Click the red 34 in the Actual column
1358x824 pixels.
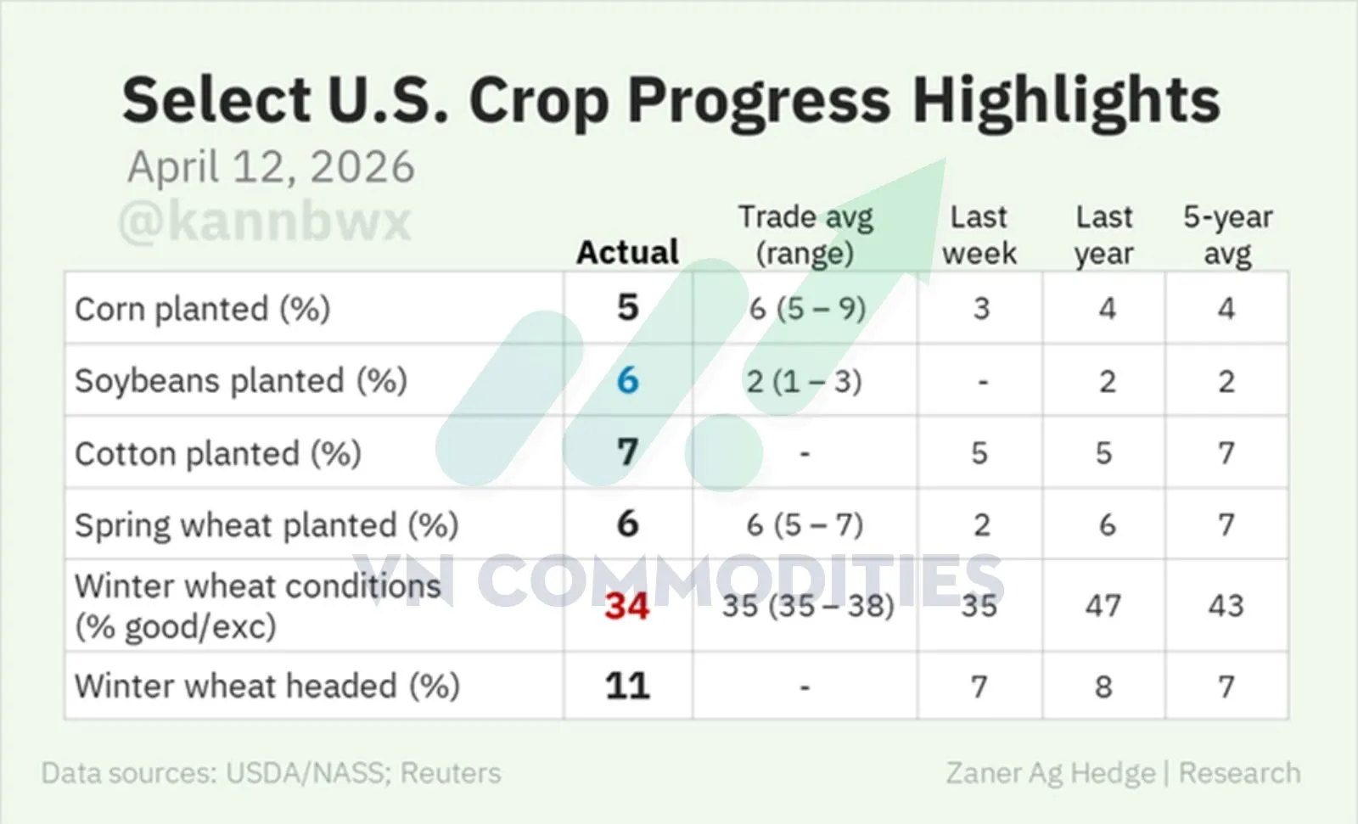[x=627, y=606]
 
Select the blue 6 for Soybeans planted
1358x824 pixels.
[x=627, y=381]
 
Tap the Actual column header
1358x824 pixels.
[x=627, y=252]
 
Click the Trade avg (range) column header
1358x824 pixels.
[x=805, y=235]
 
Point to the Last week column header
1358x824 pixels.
[x=979, y=235]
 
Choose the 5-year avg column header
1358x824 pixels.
[x=1227, y=235]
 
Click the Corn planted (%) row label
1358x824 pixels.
[x=203, y=309]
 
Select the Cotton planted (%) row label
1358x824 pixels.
[x=218, y=453]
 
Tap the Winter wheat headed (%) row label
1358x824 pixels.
[x=267, y=687]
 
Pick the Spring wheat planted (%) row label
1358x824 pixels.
[x=267, y=525]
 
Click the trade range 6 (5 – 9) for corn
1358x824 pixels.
[x=807, y=309]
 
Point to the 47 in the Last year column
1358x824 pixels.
[x=1103, y=606]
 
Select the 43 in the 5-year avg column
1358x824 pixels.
[x=1226, y=606]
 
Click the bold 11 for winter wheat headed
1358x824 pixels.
[x=627, y=687]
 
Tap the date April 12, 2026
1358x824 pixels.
[x=271, y=166]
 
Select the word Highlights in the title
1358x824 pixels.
[x=1066, y=101]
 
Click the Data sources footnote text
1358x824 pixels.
[x=271, y=773]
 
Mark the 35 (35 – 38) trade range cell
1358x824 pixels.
[x=808, y=606]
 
